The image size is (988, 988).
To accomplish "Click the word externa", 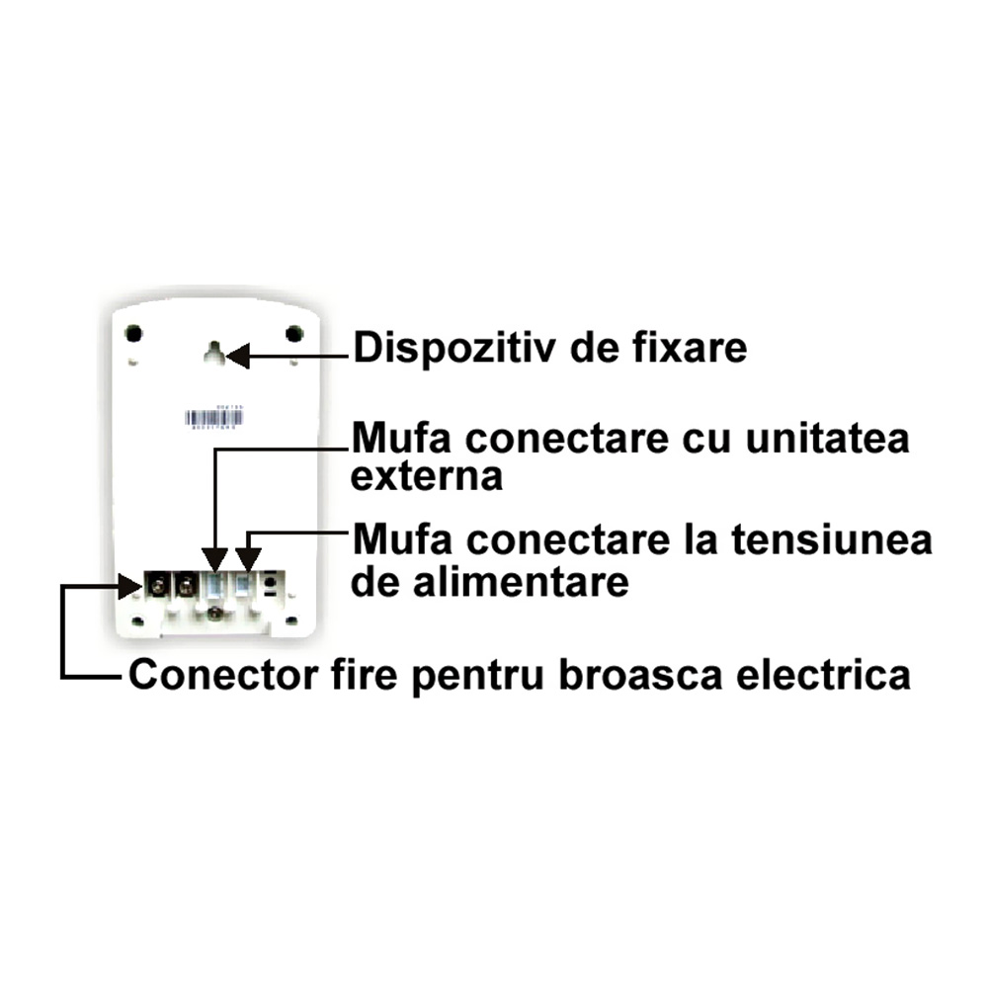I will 428,477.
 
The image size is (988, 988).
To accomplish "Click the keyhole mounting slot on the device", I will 212,353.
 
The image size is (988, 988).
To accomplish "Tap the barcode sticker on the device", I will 212,418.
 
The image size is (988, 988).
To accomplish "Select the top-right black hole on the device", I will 293,334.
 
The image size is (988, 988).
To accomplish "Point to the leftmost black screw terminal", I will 156,586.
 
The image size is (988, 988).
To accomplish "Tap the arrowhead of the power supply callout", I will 248,560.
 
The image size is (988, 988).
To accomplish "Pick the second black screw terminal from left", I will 184,586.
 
